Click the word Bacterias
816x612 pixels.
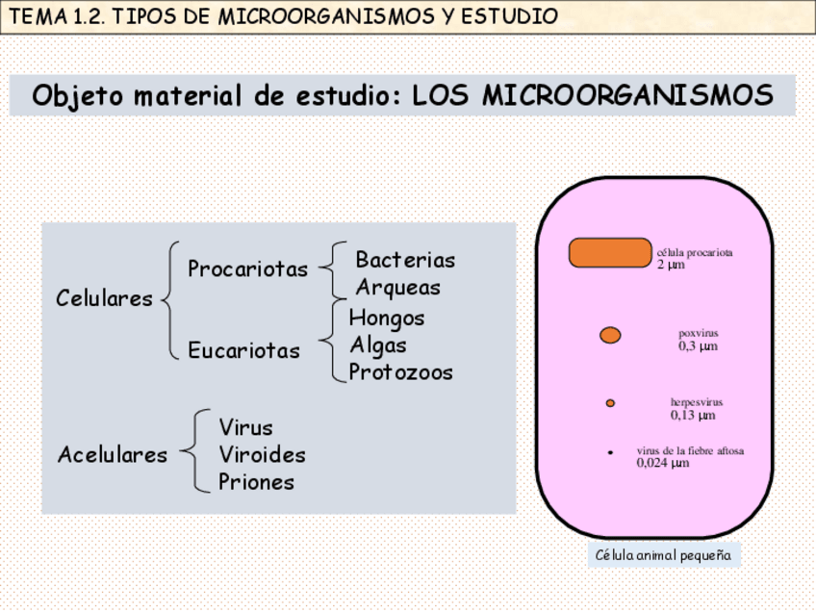coord(405,260)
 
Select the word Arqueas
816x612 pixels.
coord(397,288)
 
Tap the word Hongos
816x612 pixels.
coord(386,318)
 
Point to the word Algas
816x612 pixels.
coord(377,344)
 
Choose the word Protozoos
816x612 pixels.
coord(400,372)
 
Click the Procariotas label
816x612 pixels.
coord(247,269)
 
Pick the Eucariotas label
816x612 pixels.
coord(243,351)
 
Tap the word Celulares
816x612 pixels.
coord(104,298)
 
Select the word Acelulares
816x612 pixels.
coord(112,454)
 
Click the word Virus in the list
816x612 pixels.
coord(245,427)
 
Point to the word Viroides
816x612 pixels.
coord(262,454)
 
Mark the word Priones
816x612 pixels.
coord(256,482)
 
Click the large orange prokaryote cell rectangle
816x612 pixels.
coord(610,253)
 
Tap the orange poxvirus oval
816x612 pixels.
coord(610,335)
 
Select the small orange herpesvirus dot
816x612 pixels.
coord(610,403)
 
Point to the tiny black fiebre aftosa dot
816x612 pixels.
coord(610,452)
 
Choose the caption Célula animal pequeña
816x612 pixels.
coord(663,555)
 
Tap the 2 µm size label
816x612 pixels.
coord(671,265)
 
